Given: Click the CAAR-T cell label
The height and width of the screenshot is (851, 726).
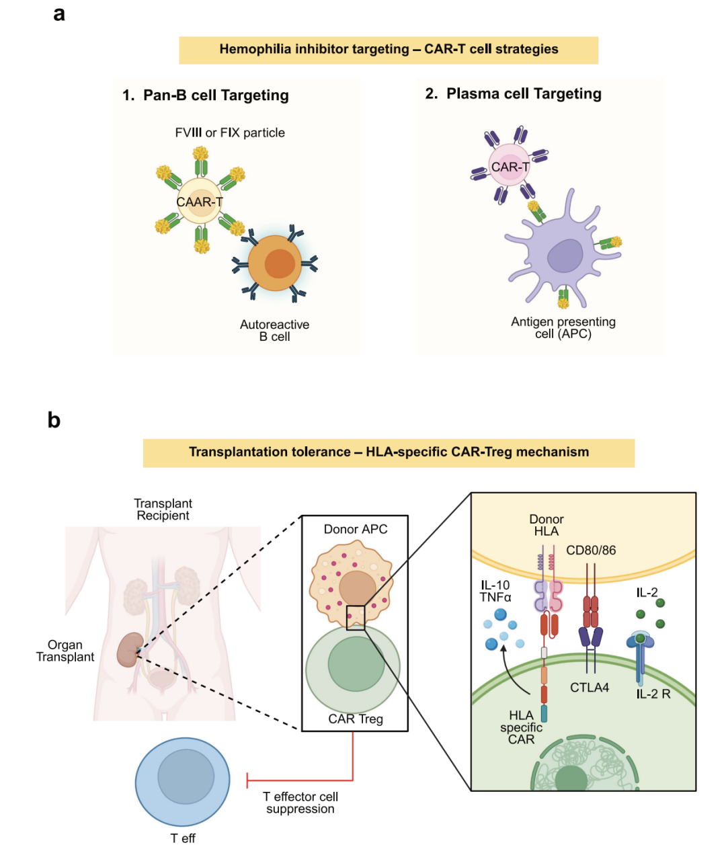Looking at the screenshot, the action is [x=200, y=202].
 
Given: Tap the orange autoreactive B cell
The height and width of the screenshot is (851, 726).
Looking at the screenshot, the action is [x=275, y=264].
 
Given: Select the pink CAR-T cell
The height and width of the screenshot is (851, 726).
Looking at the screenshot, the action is [x=510, y=165].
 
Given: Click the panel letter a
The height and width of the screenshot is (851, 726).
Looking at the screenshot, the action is [x=59, y=14].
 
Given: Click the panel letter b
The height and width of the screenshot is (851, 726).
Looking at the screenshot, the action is [x=54, y=420].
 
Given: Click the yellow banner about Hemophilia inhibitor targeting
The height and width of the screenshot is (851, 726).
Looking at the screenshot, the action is [x=389, y=50].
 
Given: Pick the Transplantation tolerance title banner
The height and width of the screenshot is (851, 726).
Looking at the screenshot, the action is [x=389, y=453].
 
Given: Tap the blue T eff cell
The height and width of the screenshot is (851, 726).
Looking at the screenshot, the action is [x=183, y=782].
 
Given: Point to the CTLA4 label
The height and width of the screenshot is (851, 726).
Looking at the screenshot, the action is [x=590, y=687].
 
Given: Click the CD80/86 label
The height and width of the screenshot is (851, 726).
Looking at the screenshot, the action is [x=591, y=550].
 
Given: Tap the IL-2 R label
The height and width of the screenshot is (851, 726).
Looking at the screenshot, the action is [x=653, y=694].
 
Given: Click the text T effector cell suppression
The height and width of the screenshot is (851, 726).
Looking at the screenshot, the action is [x=300, y=803].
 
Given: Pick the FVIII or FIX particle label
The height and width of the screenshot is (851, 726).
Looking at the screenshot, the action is [x=230, y=132].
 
